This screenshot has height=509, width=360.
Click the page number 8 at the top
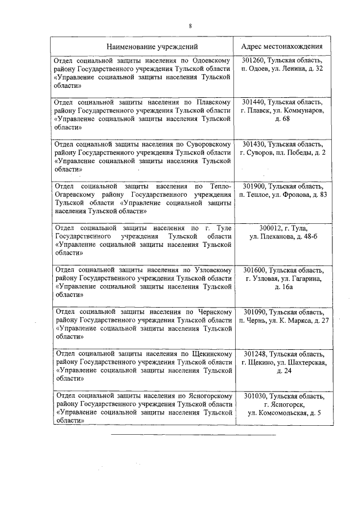(x=191, y=26)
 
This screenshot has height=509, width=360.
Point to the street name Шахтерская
(x=305, y=362)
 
